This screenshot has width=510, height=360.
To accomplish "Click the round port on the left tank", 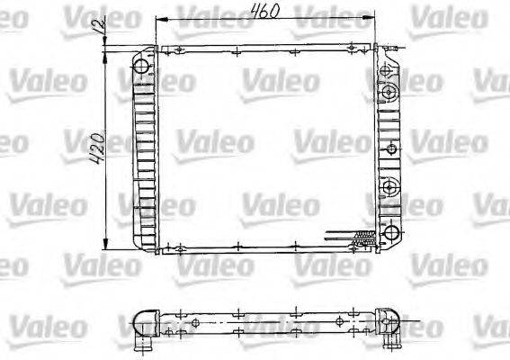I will (142, 67).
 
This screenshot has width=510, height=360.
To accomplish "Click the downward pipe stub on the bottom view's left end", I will (140, 344).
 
